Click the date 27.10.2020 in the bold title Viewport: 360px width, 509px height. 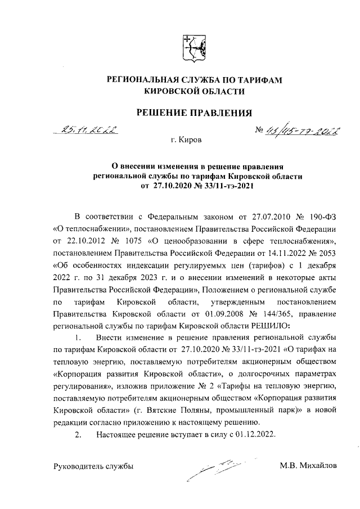point(172,186)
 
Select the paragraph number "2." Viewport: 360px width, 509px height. point(79,434)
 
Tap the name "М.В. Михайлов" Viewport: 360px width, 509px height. point(309,466)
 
